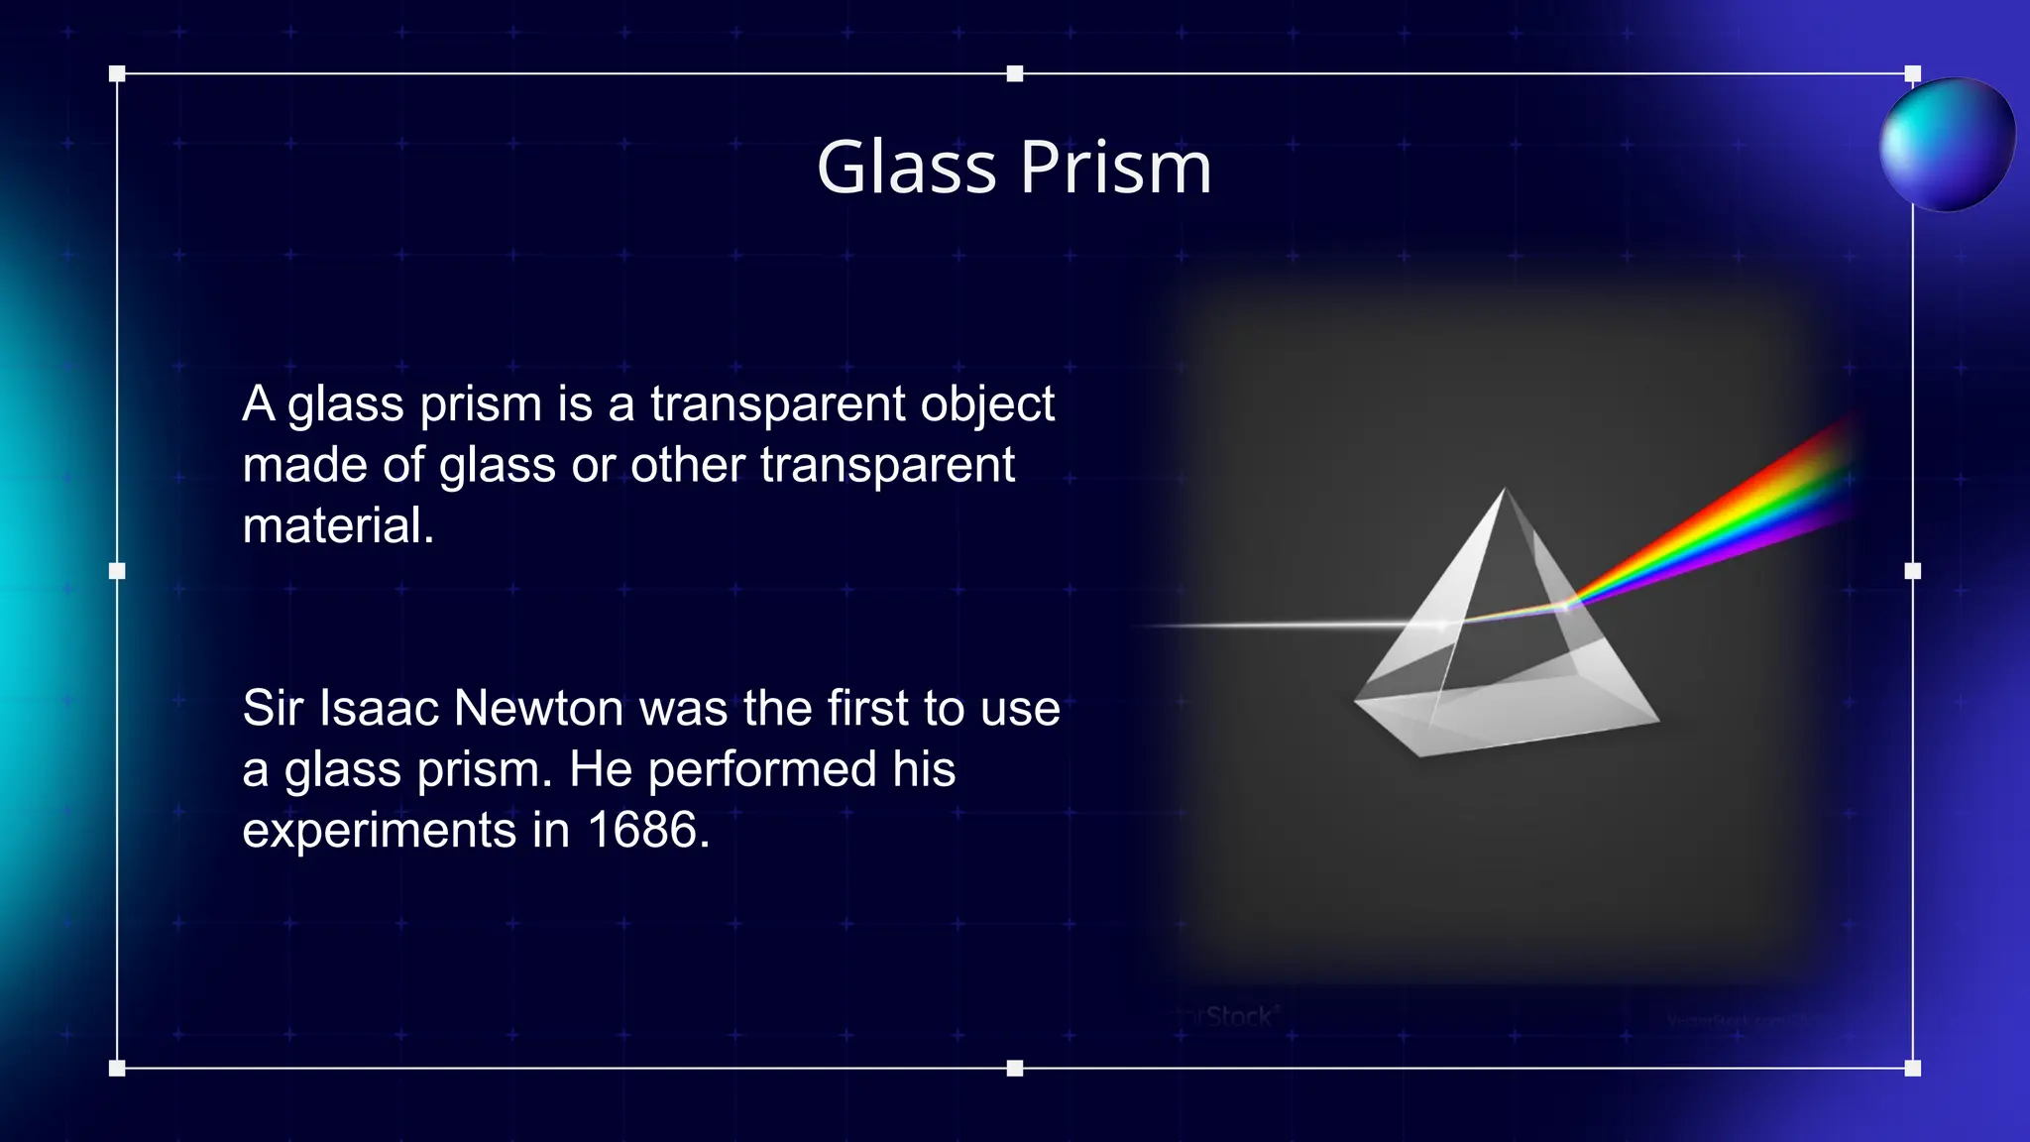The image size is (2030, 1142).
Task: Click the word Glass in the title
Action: (906, 167)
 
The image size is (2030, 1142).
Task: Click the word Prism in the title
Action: (1115, 167)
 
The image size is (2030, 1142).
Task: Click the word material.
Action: (338, 525)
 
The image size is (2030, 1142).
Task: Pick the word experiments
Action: (380, 831)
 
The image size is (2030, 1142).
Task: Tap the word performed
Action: (762, 769)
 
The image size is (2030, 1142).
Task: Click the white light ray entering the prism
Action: (1279, 625)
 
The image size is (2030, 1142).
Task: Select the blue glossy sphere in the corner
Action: (1947, 145)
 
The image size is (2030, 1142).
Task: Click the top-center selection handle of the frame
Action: (1014, 73)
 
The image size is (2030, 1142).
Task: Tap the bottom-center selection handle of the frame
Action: (1014, 1068)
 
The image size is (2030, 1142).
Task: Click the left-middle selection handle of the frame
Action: (117, 571)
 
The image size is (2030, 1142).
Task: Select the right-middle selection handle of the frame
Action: (1913, 571)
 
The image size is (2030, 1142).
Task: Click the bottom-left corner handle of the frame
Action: (117, 1068)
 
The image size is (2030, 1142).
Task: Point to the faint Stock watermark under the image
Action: (1237, 1016)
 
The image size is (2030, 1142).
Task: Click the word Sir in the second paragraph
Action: (272, 708)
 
